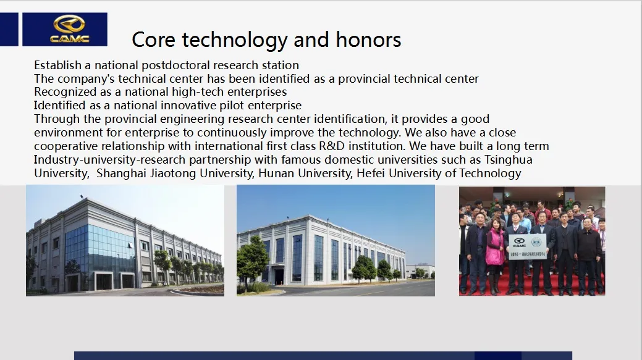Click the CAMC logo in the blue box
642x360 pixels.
click(69, 30)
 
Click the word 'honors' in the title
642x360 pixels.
click(368, 40)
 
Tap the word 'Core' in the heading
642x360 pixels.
click(153, 40)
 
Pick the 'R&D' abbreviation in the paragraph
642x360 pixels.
click(332, 146)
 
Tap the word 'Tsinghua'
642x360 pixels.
click(508, 160)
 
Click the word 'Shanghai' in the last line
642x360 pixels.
click(121, 174)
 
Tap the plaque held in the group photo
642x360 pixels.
click(527, 246)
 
